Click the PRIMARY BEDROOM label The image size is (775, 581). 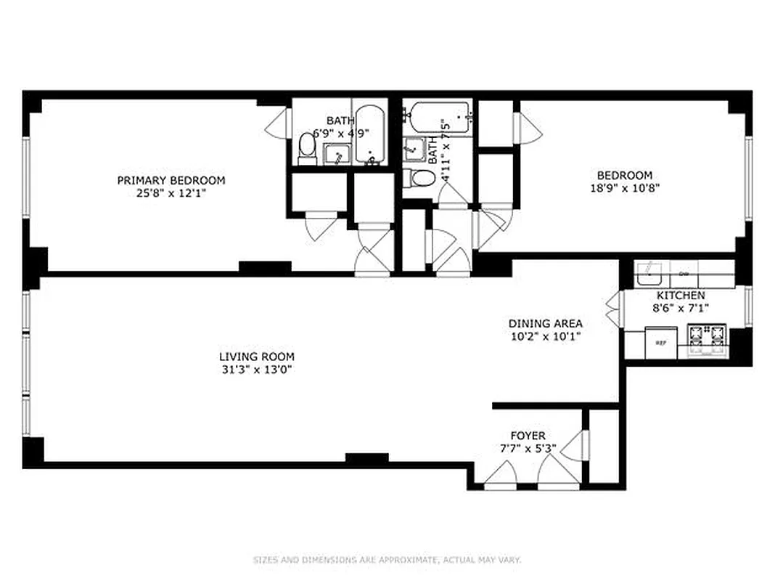pyautogui.click(x=171, y=180)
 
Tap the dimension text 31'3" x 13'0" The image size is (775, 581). pyautogui.click(x=256, y=369)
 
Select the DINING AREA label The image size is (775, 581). pyautogui.click(x=545, y=323)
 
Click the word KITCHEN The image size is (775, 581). pyautogui.click(x=680, y=296)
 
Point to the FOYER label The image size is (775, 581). pyautogui.click(x=528, y=435)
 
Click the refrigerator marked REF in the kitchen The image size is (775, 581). pyautogui.click(x=660, y=342)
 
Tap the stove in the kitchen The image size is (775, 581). pyautogui.click(x=707, y=338)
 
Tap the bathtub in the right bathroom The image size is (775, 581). pyautogui.click(x=439, y=114)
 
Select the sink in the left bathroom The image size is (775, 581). pyautogui.click(x=337, y=154)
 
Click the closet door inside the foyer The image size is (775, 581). pyautogui.click(x=576, y=444)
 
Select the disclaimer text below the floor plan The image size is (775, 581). pyautogui.click(x=387, y=560)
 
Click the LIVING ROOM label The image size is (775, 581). pyautogui.click(x=256, y=357)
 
